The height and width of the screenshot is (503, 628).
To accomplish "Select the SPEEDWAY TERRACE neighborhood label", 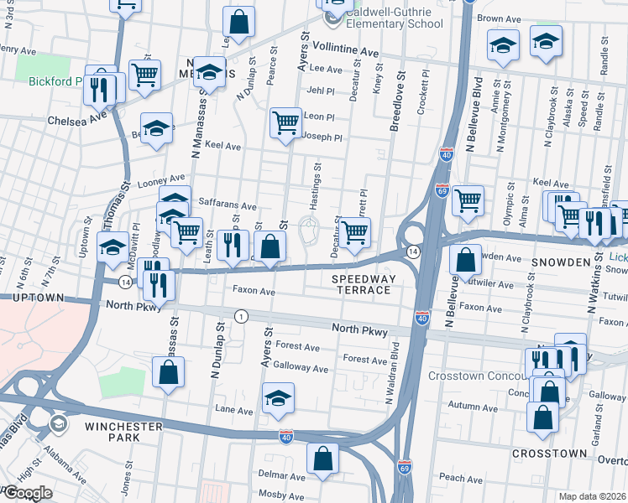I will pos(361,283).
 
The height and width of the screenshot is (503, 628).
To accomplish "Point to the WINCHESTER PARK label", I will pos(123,433).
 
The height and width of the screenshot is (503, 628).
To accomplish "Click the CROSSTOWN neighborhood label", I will pos(550,453).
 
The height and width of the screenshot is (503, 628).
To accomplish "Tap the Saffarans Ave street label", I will pos(227,205).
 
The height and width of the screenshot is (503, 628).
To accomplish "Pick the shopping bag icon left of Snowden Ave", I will pos(464,260).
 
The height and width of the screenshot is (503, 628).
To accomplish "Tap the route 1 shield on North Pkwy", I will pos(242,316).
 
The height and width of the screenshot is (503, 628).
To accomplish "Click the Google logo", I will pos(27,493).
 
